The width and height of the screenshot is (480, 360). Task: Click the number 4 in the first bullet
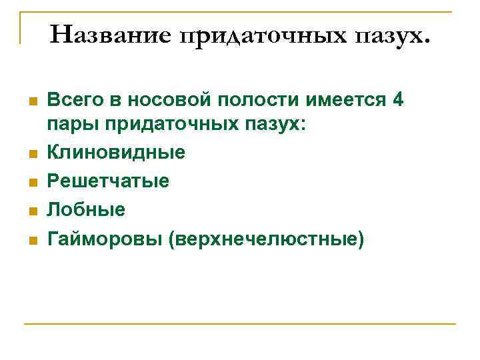[x=398, y=101]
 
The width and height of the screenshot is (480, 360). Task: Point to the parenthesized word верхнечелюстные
[x=267, y=238]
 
